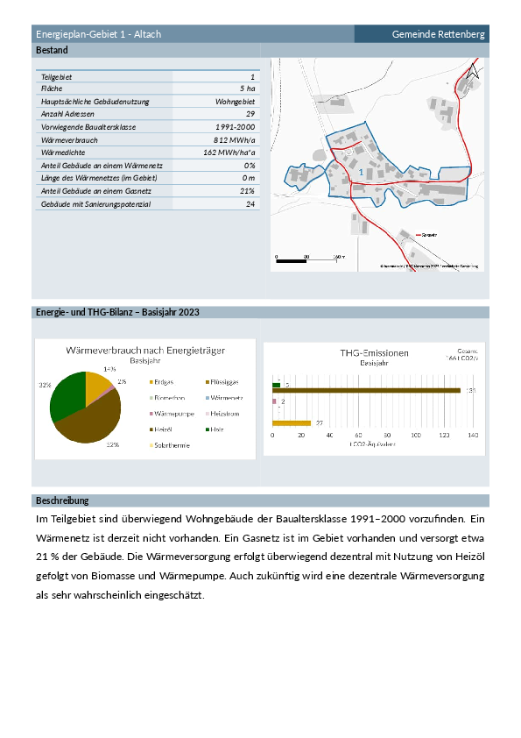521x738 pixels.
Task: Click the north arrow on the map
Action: (x=474, y=72)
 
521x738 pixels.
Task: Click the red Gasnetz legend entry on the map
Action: (x=426, y=236)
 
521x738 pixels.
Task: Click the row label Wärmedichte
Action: (x=62, y=153)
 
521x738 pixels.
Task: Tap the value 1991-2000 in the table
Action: (x=234, y=127)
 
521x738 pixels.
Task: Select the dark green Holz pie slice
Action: (x=67, y=394)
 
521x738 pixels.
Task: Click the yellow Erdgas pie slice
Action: (x=98, y=386)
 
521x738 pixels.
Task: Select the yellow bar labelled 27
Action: (x=292, y=423)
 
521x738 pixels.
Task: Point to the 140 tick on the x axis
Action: (x=474, y=435)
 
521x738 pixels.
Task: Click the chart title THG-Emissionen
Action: (x=374, y=352)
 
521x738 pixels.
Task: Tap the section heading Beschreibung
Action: (x=62, y=500)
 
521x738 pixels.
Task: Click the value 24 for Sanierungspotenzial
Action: (x=250, y=204)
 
